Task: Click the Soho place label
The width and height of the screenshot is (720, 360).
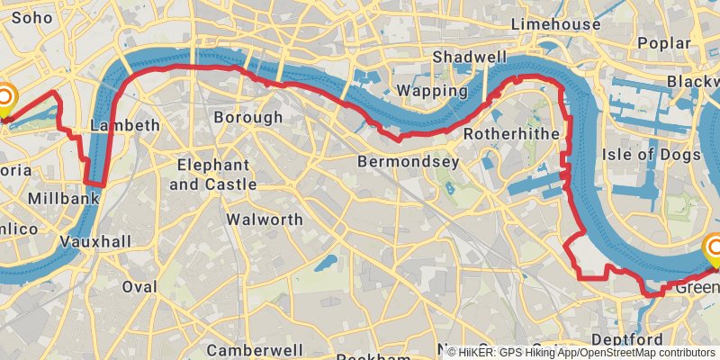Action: [x=33, y=16]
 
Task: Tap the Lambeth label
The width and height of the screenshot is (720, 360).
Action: [x=125, y=125]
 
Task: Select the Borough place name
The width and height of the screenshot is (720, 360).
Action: [x=247, y=117]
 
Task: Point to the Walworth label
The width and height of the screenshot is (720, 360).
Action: [x=265, y=219]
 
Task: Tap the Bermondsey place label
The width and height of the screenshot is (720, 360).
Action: [x=408, y=162]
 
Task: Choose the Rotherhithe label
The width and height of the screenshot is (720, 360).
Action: [x=510, y=134]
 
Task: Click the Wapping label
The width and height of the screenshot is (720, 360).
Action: [x=432, y=91]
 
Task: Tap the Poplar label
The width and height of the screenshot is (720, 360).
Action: [x=663, y=42]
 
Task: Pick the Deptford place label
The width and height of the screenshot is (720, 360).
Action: [x=652, y=339]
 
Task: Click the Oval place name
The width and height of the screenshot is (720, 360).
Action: [x=139, y=286]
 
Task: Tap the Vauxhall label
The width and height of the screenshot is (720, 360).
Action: [x=95, y=241]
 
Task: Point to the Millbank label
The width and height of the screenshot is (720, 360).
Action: [x=63, y=198]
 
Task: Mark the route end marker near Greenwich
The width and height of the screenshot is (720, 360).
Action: [x=715, y=248]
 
